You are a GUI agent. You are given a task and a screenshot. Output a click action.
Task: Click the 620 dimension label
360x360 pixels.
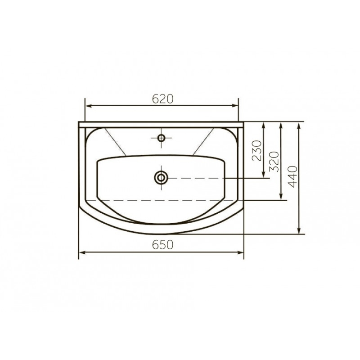tap(162, 99)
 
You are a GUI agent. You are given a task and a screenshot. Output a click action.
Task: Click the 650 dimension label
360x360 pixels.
tap(162, 244)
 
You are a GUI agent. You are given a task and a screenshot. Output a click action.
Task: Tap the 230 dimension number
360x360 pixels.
tap(257, 151)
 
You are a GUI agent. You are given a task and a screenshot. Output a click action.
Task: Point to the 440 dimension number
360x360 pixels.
tap(292, 177)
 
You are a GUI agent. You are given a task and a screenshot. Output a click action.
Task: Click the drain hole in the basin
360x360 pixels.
tap(161, 178)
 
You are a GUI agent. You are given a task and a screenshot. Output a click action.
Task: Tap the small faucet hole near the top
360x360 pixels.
tap(161, 138)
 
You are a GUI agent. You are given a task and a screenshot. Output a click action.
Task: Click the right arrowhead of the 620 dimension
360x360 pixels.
tap(235, 106)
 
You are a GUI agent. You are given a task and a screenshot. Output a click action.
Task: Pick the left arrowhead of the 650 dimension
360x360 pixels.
tap(82, 252)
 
